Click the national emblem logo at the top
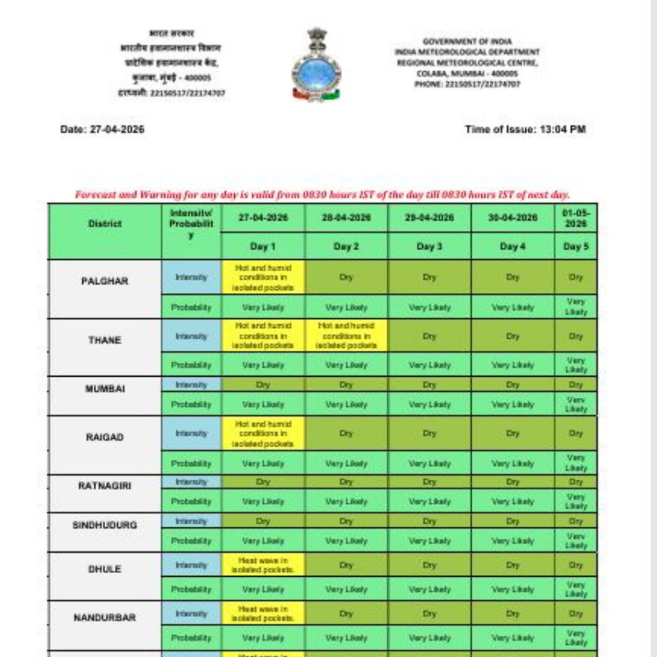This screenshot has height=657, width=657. (x=316, y=64)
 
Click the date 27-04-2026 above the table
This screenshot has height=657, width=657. (x=102, y=129)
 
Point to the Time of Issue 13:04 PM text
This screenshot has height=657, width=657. (x=525, y=129)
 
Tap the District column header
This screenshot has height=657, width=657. (x=105, y=224)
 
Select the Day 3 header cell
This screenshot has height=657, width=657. (x=429, y=246)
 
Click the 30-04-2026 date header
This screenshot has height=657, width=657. (x=512, y=218)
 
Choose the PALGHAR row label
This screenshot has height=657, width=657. (x=105, y=281)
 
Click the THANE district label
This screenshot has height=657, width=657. (x=105, y=340)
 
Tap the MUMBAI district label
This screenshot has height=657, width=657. (x=105, y=389)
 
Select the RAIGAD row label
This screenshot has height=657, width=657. (x=105, y=437)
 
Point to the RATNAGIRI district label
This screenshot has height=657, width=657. (x=105, y=486)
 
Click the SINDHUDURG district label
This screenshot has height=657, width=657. (x=105, y=525)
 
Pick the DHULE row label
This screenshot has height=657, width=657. (x=105, y=569)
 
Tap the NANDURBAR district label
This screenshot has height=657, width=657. (x=105, y=617)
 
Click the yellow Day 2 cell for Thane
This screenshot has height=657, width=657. (x=346, y=336)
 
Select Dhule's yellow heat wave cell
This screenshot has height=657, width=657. (x=263, y=565)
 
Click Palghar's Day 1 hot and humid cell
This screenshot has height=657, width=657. (x=263, y=277)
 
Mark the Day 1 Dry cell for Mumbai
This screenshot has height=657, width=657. (x=263, y=385)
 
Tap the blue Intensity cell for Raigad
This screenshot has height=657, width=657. (x=191, y=433)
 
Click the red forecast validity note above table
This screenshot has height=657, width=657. (x=322, y=194)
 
